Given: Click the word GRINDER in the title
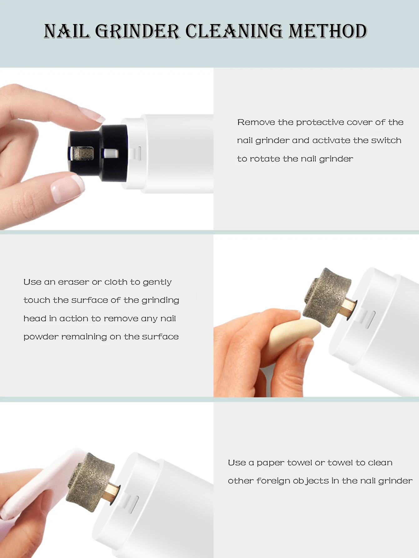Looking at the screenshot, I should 138,31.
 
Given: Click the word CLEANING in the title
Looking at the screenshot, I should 234,31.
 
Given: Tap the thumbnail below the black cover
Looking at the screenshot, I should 67,189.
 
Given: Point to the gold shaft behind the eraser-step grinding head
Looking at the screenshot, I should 348,308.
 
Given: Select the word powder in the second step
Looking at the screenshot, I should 41,337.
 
